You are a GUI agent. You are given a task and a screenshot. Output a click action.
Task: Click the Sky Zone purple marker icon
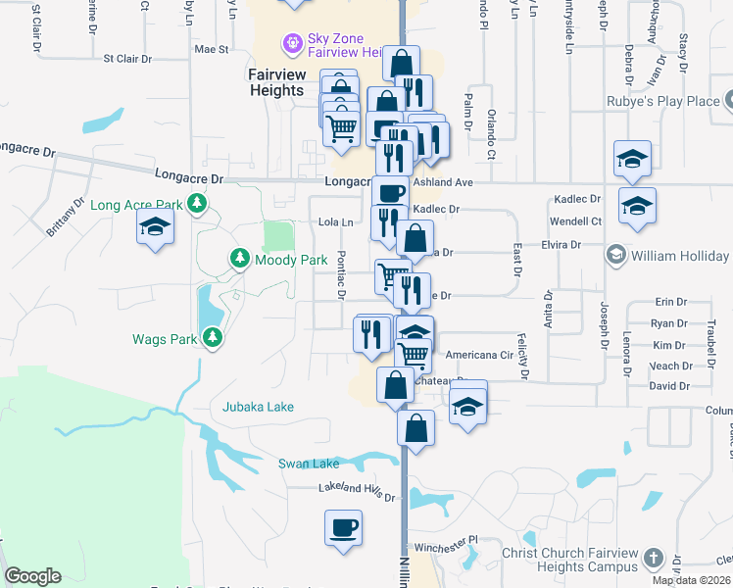pos(291,44)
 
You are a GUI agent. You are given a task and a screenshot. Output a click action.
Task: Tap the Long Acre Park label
pos(136,205)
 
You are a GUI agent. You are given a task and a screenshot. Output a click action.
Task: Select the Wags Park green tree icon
pos(213,339)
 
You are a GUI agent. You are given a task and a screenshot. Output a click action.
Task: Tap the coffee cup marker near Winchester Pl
pos(343,528)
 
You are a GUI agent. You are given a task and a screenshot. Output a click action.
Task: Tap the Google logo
pos(32,576)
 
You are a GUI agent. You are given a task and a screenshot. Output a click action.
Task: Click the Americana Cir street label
pos(479,356)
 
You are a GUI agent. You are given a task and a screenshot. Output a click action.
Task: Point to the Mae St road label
pos(211,48)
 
